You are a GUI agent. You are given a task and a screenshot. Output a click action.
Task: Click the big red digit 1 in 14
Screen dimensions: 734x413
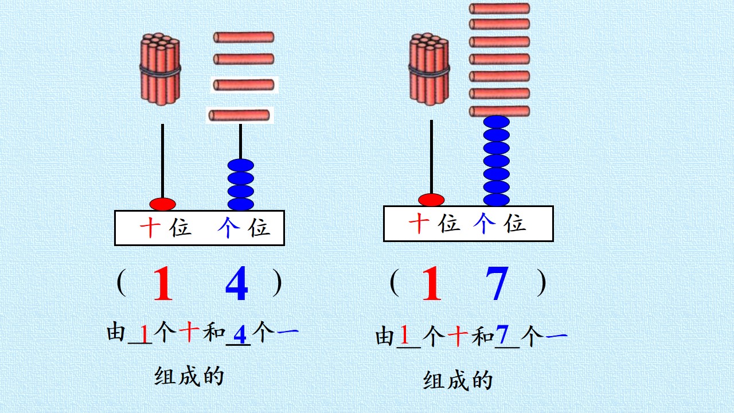click(x=163, y=283)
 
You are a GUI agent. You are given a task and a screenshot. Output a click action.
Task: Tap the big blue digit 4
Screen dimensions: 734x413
click(x=237, y=283)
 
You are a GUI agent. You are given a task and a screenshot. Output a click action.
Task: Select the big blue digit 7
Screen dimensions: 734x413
click(x=497, y=283)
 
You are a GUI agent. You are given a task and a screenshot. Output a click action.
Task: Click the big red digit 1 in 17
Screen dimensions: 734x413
click(x=432, y=283)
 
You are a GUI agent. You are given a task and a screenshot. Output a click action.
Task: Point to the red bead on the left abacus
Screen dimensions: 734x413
click(x=162, y=204)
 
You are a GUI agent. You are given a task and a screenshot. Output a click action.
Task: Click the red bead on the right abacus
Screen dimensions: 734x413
click(x=431, y=200)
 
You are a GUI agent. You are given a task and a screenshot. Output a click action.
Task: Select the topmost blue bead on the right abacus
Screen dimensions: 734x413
click(x=497, y=122)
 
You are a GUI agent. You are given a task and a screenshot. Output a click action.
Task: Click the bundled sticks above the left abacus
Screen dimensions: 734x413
click(x=160, y=69)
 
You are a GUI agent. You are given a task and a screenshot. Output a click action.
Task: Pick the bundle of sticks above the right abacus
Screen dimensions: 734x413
click(x=429, y=69)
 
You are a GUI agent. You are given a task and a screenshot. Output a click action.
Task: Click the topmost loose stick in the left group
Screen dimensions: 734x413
click(x=244, y=37)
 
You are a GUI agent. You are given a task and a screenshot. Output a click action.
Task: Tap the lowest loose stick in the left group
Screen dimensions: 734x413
click(x=239, y=115)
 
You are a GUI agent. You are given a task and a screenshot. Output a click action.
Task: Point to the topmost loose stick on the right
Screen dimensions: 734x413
click(x=499, y=9)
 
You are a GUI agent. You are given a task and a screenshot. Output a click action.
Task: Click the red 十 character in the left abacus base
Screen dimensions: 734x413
click(x=150, y=227)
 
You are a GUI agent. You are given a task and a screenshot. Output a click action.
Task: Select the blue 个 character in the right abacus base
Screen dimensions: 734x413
click(x=485, y=223)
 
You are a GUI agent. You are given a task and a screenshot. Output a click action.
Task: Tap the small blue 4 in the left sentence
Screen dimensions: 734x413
click(x=240, y=334)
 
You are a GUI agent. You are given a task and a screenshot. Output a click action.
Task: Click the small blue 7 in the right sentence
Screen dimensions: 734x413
click(x=502, y=334)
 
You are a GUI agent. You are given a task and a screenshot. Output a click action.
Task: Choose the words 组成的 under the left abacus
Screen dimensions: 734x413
click(x=189, y=376)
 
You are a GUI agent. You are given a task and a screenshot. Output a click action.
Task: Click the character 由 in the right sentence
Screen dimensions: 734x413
click(x=384, y=336)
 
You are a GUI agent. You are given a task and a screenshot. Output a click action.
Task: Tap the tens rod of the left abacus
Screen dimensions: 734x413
click(x=162, y=161)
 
